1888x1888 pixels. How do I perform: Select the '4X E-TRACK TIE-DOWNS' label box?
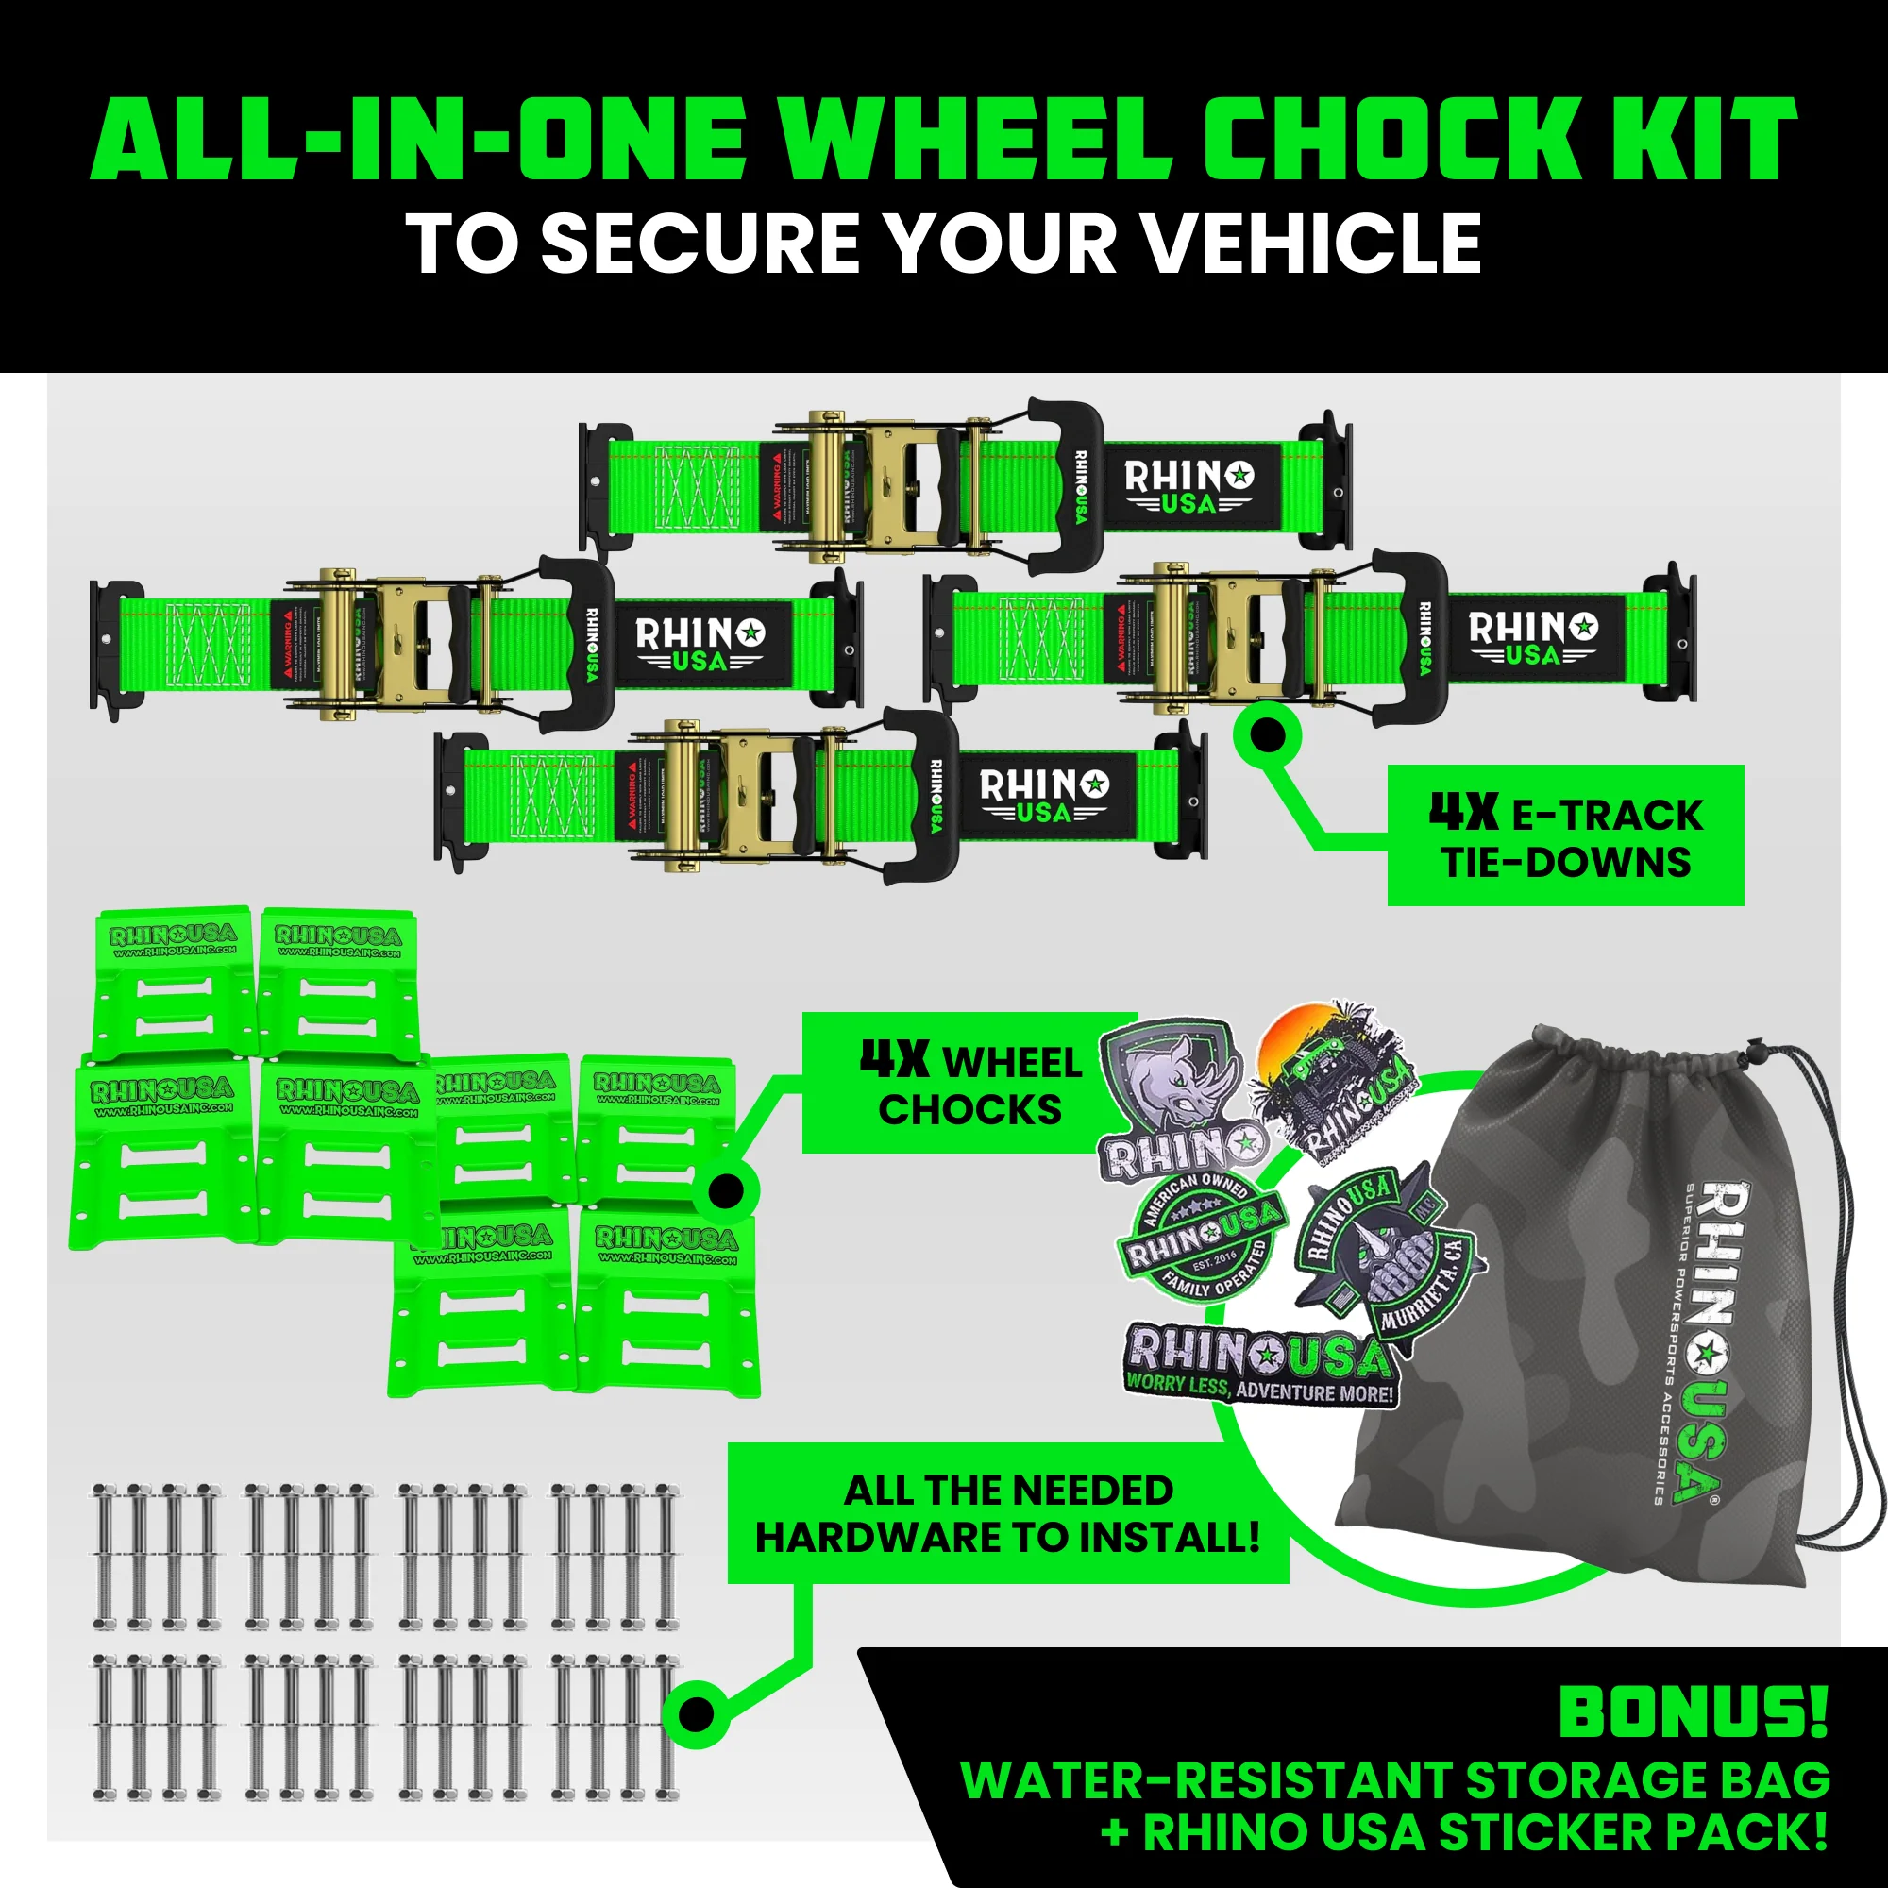pyautogui.click(x=1564, y=835)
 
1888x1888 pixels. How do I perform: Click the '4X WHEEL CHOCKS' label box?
pyautogui.click(x=969, y=1084)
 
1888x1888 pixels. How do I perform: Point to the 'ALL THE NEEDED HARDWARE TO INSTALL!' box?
pyautogui.click(x=1007, y=1514)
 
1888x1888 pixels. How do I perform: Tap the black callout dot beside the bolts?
pyautogui.click(x=695, y=1713)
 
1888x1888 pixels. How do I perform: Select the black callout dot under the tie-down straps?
pyautogui.click(x=1268, y=734)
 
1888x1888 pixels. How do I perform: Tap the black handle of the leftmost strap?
pyautogui.click(x=577, y=645)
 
